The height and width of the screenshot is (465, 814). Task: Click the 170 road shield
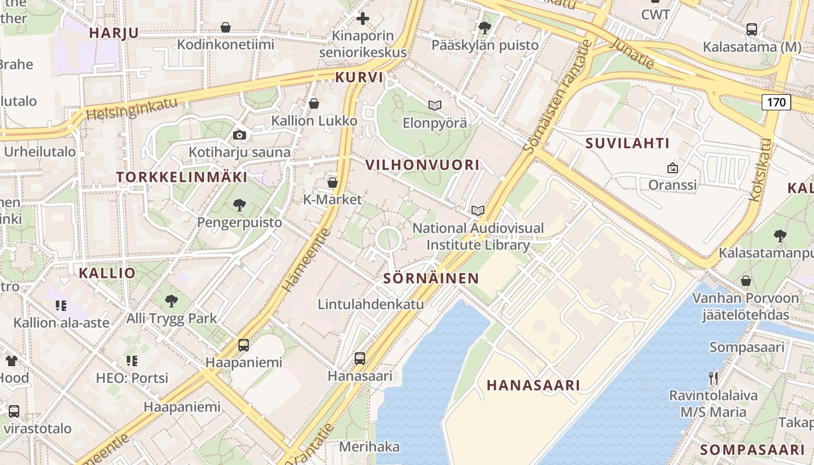(x=776, y=103)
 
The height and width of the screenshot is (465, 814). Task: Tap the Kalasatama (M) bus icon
(x=751, y=29)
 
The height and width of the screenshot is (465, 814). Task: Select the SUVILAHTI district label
(x=627, y=143)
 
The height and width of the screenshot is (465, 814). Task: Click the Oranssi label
(x=672, y=185)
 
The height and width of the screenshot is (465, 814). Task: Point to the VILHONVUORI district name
(x=423, y=165)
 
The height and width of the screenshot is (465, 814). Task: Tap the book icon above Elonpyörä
(x=434, y=105)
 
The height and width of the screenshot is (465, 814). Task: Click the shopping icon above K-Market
(x=333, y=183)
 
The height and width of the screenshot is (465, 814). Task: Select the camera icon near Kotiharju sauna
(x=239, y=135)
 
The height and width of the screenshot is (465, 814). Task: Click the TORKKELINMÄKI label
(x=181, y=177)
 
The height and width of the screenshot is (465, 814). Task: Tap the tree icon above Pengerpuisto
(x=239, y=205)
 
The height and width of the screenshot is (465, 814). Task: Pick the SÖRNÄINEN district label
(x=431, y=278)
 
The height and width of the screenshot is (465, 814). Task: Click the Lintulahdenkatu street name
(x=370, y=304)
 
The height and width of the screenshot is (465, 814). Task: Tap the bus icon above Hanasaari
(x=360, y=358)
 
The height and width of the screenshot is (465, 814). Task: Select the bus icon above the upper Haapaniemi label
(x=244, y=345)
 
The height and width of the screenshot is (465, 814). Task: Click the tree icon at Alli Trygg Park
(x=171, y=301)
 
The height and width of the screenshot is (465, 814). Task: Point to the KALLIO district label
(x=107, y=273)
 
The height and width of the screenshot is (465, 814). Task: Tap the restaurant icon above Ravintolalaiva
(x=713, y=378)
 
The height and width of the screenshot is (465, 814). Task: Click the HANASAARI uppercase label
(x=533, y=385)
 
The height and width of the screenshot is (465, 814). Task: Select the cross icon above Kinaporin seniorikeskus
(x=363, y=19)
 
